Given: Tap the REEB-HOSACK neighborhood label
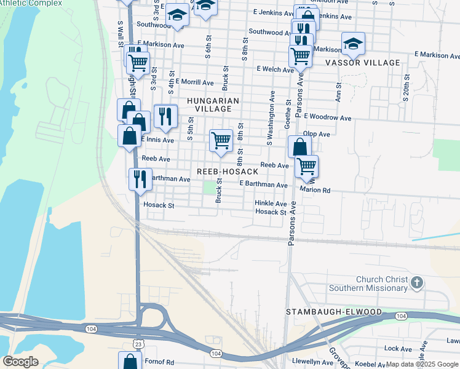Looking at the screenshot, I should (x=228, y=171).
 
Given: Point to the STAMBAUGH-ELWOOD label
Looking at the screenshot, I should (x=334, y=312).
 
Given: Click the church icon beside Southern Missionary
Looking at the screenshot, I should (x=417, y=283).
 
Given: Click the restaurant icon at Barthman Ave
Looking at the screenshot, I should (x=140, y=178).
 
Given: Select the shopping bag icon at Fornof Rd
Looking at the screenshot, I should (x=129, y=360).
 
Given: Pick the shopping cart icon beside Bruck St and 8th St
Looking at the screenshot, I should (x=221, y=140).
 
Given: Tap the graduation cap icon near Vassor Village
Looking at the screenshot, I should (x=353, y=43).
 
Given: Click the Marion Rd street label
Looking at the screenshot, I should (x=315, y=191).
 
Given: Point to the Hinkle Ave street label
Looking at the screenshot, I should (x=271, y=204).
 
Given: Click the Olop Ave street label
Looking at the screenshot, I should (x=317, y=134).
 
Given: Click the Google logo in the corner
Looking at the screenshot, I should (x=20, y=362).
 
